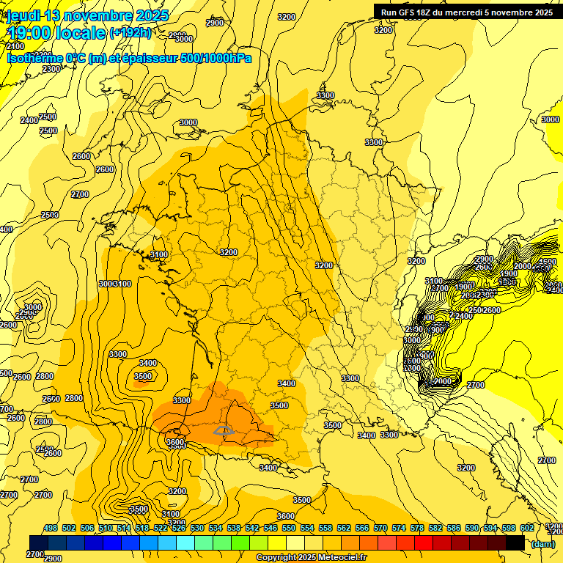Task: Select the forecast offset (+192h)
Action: pos(130,33)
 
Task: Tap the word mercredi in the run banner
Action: pos(466,12)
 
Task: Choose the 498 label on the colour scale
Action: pos(51,528)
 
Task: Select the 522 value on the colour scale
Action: pos(161,528)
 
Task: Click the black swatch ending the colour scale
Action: pos(515,542)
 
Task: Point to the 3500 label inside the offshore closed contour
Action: pos(143,376)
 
